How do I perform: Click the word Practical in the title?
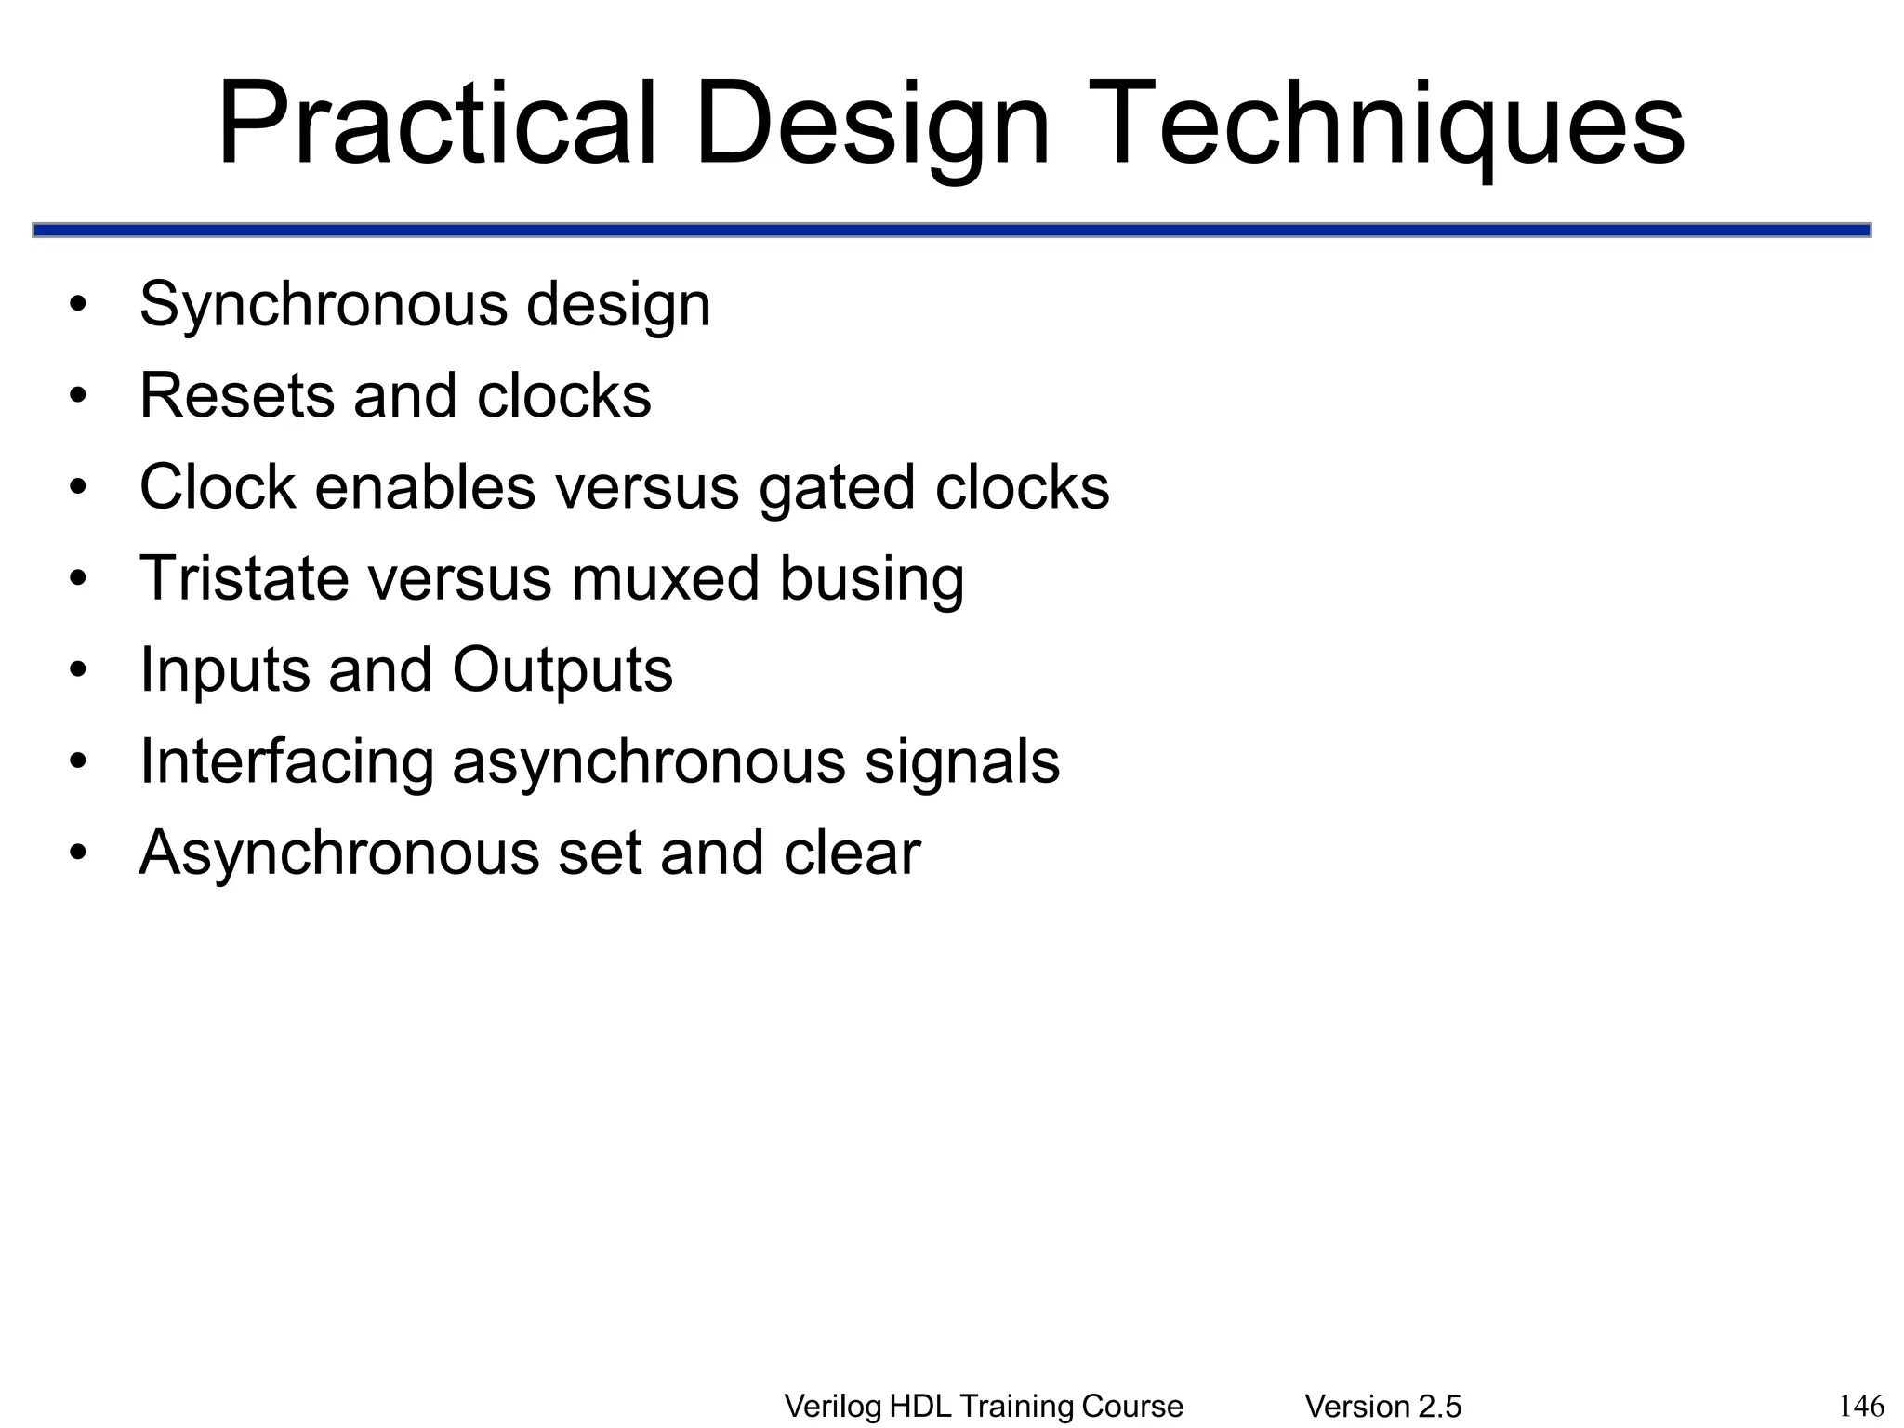[x=437, y=124]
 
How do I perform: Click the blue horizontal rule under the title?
[x=951, y=230]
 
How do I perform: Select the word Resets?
[x=236, y=396]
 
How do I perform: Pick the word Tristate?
[x=244, y=578]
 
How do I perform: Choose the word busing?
[x=871, y=578]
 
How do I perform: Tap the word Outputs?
[x=562, y=670]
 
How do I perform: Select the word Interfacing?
[x=286, y=761]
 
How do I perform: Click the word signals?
[x=962, y=761]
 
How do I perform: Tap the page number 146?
[x=1861, y=1405]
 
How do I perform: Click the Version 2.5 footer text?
[x=1383, y=1407]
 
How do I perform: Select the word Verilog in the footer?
[x=832, y=1407]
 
